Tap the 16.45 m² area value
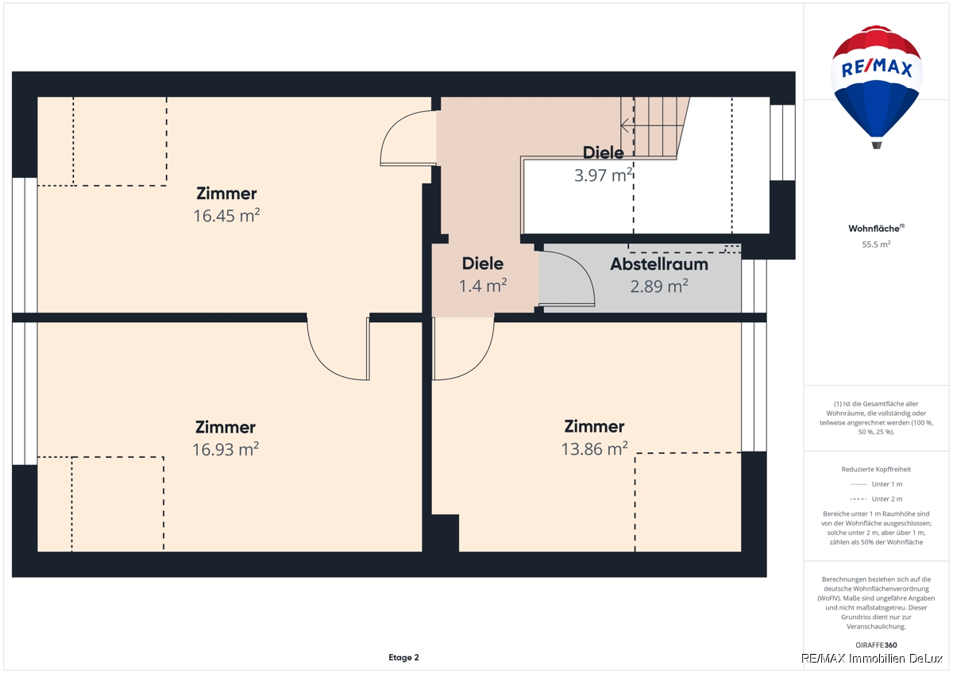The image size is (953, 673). click(x=226, y=216)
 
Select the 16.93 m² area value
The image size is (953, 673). click(x=226, y=449)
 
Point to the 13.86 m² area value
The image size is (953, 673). click(x=594, y=448)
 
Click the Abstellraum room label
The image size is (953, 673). click(x=659, y=264)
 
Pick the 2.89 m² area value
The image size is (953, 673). click(x=659, y=287)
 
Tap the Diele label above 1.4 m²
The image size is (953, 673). click(x=483, y=263)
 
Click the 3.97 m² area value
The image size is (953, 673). click(x=604, y=175)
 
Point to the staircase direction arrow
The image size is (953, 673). click(x=652, y=125)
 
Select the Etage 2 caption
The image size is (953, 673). click(x=403, y=657)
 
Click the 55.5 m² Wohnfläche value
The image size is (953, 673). click(x=876, y=244)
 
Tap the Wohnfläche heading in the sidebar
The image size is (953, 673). click(x=876, y=229)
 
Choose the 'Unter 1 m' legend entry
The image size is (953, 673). click(x=876, y=484)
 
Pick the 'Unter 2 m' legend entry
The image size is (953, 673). click(x=876, y=498)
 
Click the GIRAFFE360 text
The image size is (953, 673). click(x=876, y=645)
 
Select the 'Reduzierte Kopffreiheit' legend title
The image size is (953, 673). click(x=876, y=469)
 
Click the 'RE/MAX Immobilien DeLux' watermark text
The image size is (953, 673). click(x=872, y=659)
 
